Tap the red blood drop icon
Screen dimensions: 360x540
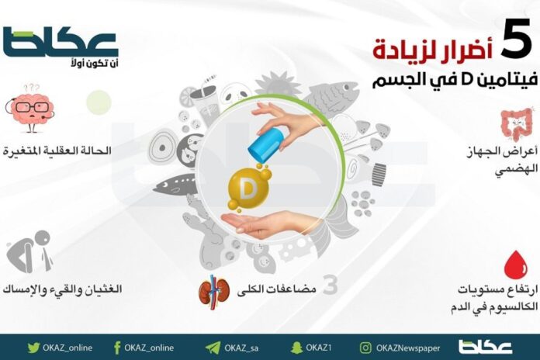tap(513, 265)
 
